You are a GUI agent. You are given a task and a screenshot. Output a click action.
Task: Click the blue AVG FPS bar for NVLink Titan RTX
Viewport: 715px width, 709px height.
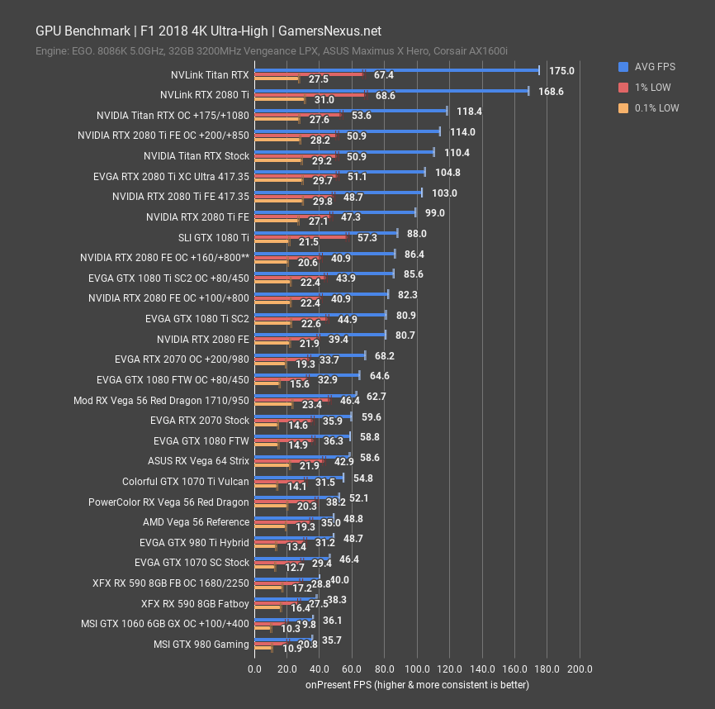[x=396, y=70]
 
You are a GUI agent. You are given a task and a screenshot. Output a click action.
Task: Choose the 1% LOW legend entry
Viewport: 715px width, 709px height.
[x=645, y=87]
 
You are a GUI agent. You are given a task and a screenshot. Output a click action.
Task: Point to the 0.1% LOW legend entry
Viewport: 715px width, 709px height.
[x=649, y=107]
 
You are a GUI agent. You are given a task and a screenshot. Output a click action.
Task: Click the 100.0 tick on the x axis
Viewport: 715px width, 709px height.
[x=417, y=669]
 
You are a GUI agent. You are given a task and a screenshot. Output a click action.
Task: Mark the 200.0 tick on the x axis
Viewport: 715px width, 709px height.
[x=580, y=669]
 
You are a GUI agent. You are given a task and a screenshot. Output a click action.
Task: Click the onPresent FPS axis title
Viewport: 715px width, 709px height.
[x=417, y=684]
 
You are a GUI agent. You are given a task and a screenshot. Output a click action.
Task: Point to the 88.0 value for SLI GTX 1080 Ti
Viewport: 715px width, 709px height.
[x=416, y=234]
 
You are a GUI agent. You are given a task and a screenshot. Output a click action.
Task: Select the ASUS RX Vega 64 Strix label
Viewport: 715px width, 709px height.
[x=198, y=461]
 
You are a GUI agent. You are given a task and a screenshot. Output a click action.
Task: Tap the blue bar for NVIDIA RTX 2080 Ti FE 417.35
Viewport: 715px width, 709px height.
[x=338, y=193]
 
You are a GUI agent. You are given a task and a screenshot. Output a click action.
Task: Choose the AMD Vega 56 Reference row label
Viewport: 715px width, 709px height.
[x=196, y=522]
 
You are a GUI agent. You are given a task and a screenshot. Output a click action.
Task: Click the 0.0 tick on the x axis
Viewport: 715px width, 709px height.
[x=254, y=669]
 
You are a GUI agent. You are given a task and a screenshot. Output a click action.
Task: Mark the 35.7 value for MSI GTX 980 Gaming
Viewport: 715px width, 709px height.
[x=333, y=640]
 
